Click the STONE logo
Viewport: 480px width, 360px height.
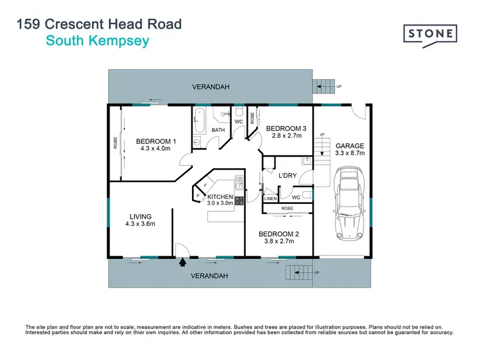(x=430, y=33)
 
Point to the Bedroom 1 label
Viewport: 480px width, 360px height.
(x=156, y=141)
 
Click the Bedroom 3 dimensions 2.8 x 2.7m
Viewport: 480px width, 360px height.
(x=286, y=136)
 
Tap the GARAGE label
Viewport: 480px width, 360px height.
(x=349, y=146)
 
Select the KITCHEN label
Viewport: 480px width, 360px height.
(x=220, y=196)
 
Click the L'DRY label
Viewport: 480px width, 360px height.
(x=287, y=175)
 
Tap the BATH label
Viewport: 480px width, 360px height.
(x=218, y=130)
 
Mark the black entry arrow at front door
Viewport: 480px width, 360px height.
(x=182, y=261)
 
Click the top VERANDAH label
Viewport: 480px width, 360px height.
(x=212, y=86)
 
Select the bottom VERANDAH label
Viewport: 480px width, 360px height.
(x=211, y=276)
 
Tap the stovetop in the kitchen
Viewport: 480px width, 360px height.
(x=239, y=200)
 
